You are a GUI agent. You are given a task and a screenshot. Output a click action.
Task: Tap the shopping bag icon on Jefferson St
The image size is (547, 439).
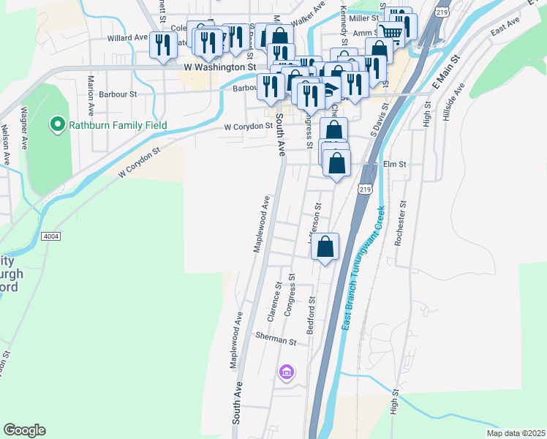pyautogui.click(x=325, y=247)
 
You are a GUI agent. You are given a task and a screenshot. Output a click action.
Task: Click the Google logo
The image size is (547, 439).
pyautogui.click(x=24, y=430)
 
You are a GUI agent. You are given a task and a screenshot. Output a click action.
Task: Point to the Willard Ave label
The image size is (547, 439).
pyautogui.click(x=127, y=37)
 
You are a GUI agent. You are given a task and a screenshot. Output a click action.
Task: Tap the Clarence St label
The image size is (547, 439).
pyautogui.click(x=276, y=301)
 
